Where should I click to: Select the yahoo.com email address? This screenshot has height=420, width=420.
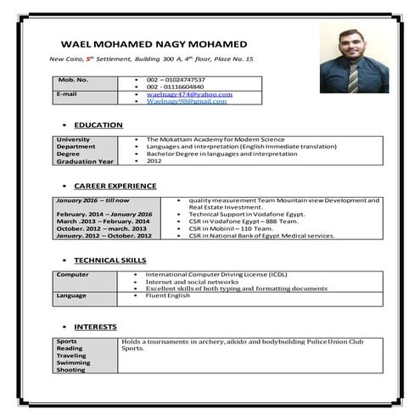[x=187, y=94]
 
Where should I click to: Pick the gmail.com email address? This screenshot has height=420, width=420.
[x=187, y=101]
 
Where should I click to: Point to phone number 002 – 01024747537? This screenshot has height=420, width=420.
[x=176, y=80]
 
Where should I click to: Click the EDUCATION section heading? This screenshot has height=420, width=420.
[x=98, y=125]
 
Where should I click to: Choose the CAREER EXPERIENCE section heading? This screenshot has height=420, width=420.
[x=115, y=185]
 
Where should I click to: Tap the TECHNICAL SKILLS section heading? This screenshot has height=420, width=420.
[x=110, y=260]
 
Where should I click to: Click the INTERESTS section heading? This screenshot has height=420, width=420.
[x=95, y=327]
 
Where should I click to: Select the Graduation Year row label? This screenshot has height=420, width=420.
[x=85, y=161]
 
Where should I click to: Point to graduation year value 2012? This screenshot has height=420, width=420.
[x=154, y=161]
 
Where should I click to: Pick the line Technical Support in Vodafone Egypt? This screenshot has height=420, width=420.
[x=247, y=214]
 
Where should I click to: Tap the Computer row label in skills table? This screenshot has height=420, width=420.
[x=73, y=275]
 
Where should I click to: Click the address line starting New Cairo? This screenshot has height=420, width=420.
[x=152, y=59]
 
